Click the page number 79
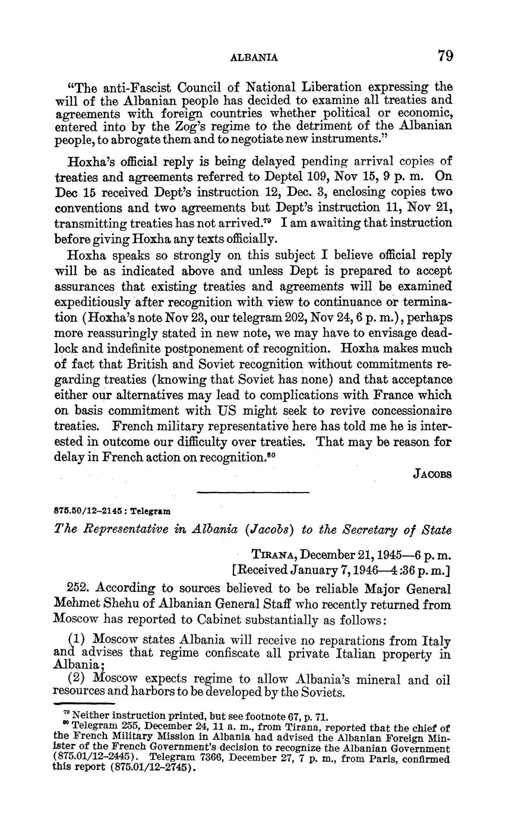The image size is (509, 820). (445, 56)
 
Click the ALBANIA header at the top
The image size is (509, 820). (254, 57)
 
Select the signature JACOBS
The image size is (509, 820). (432, 475)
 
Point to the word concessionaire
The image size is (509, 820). (409, 411)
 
